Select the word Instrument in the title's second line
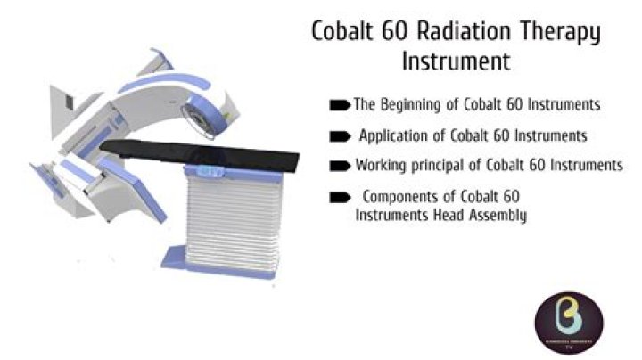click(x=456, y=63)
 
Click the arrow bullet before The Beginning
click(x=340, y=105)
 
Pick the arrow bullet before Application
click(x=340, y=136)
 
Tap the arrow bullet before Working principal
click(x=340, y=166)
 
